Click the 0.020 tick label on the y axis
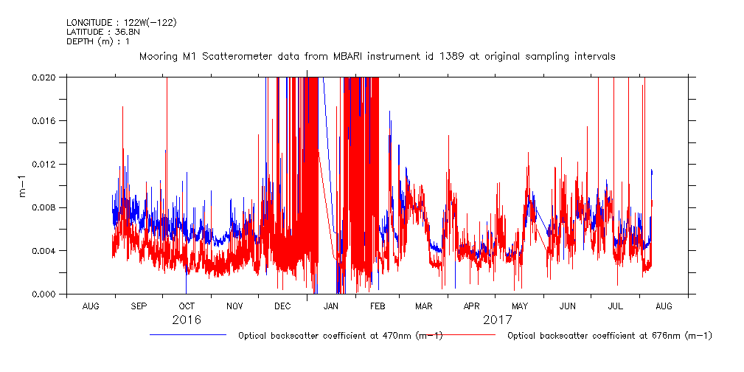(44, 77)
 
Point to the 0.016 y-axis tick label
(44, 120)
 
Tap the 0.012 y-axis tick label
(44, 164)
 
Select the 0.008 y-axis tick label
(44, 207)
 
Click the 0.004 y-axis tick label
(44, 251)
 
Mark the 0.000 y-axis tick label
(44, 294)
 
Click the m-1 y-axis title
(22, 186)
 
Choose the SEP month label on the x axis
(139, 306)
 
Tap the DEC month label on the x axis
(282, 306)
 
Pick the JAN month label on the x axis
(331, 306)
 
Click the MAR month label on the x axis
(423, 306)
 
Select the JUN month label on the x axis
(568, 306)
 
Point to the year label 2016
(187, 320)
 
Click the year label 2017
(498, 320)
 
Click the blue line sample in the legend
(188, 335)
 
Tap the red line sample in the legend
(457, 335)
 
